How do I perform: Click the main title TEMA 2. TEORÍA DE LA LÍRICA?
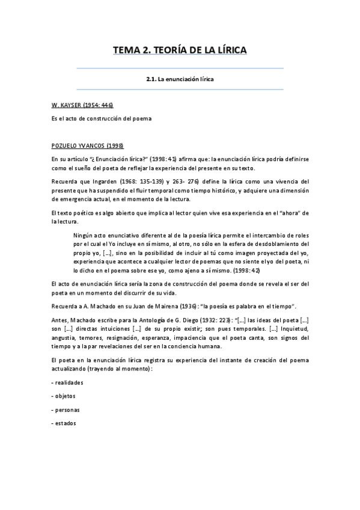click(x=180, y=51)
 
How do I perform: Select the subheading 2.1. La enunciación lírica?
click(x=180, y=79)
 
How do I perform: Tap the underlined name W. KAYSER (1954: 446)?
click(x=82, y=105)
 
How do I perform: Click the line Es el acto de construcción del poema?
click(x=102, y=118)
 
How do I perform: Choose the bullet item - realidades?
click(x=67, y=382)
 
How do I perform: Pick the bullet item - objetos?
click(x=64, y=396)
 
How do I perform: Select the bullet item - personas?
click(x=66, y=410)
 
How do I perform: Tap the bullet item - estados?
click(x=64, y=424)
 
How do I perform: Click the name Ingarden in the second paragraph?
click(x=111, y=181)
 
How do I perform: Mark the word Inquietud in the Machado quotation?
click(x=285, y=330)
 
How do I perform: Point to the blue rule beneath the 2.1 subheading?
click(x=180, y=90)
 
